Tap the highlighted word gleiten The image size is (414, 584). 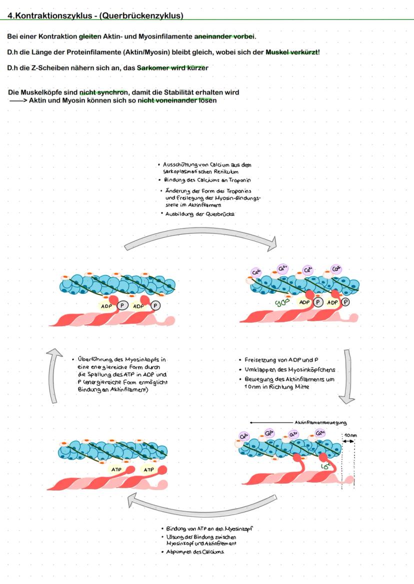click(90, 36)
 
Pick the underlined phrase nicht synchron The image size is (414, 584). click(103, 92)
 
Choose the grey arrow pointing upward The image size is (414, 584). click(52, 375)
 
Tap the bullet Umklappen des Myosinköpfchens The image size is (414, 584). click(290, 370)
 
